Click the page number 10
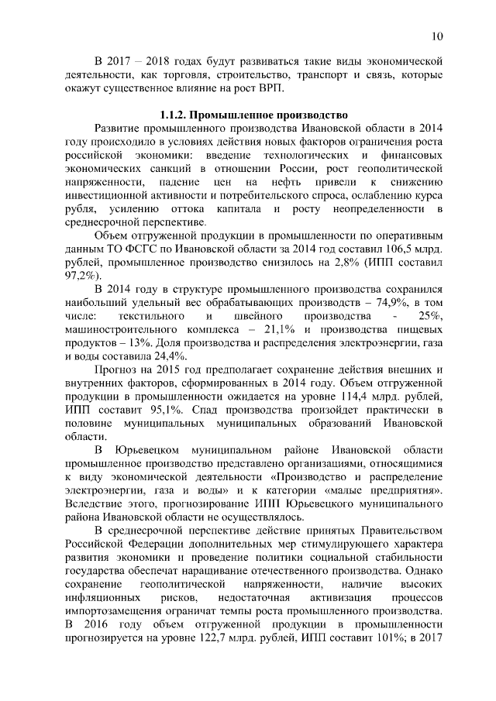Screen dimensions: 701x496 coord(436,36)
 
